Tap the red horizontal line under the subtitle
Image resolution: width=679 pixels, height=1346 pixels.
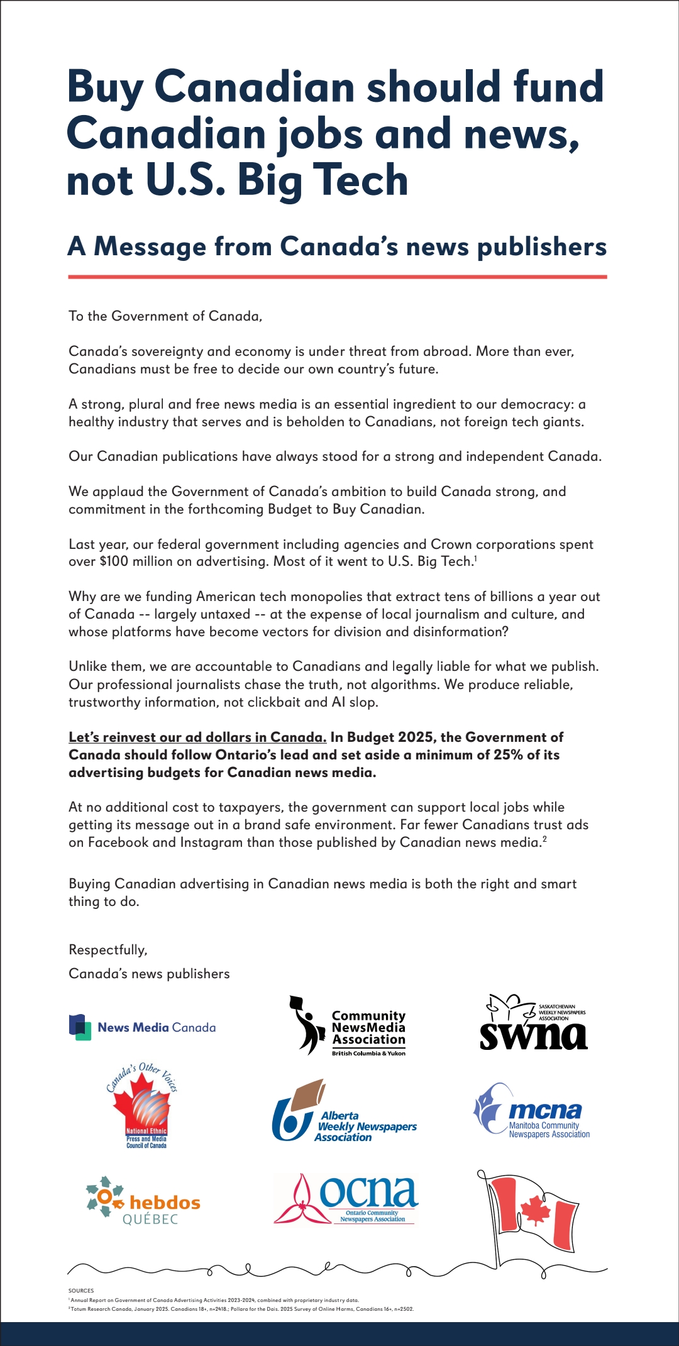point(338,277)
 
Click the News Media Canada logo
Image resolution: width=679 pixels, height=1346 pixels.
point(143,1027)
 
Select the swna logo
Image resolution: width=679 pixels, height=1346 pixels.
point(533,1023)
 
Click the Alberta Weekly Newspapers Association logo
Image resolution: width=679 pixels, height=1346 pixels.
point(345,1113)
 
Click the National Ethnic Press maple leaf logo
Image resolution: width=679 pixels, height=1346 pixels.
point(143,1106)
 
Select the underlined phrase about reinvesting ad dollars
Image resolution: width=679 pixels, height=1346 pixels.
point(197,737)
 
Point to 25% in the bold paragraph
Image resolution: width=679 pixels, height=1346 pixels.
point(509,754)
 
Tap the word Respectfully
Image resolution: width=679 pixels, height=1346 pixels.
point(108,950)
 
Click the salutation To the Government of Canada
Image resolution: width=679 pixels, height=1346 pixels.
point(165,316)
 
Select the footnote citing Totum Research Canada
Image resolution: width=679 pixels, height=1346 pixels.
point(242,1309)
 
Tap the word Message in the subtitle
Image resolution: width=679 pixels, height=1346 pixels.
point(150,246)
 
